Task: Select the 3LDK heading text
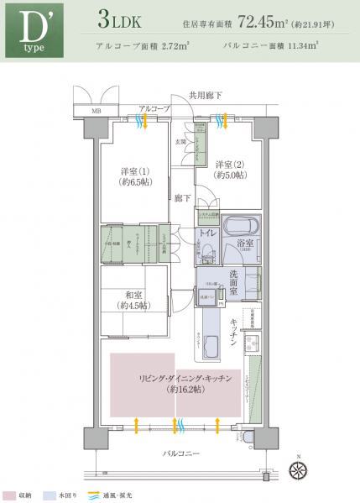coord(117,18)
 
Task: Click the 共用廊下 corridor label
coord(206,96)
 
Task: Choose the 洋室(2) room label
coord(229,164)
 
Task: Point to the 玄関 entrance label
coord(180,141)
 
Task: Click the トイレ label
coord(208,232)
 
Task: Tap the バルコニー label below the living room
coord(181,453)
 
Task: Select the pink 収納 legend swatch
coord(10,495)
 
